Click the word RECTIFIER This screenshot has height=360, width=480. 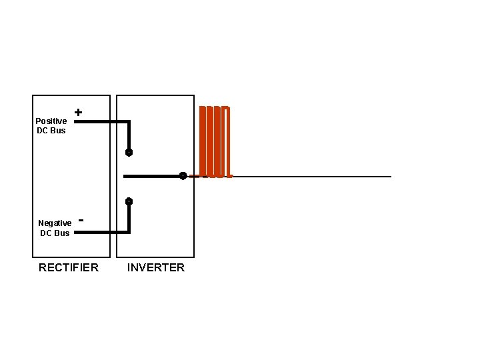pos(69,267)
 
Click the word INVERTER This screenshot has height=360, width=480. pos(156,267)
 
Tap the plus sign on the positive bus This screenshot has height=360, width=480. pos(79,113)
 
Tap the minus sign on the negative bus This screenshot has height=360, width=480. pos(81,218)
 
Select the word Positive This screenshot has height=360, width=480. pos(51,121)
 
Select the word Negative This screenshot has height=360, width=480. pos(55,223)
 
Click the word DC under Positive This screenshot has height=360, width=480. pos(43,130)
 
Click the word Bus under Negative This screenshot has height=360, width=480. pos(61,233)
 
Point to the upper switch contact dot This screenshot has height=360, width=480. pos(129,152)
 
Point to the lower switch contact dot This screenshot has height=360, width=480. pos(129,201)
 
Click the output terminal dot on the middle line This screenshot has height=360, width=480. pos(183,176)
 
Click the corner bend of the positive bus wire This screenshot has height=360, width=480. pos(129,122)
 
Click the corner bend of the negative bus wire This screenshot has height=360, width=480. pos(129,232)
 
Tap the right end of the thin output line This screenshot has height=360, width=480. pos(390,177)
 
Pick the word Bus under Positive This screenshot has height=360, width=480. pos(58,130)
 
